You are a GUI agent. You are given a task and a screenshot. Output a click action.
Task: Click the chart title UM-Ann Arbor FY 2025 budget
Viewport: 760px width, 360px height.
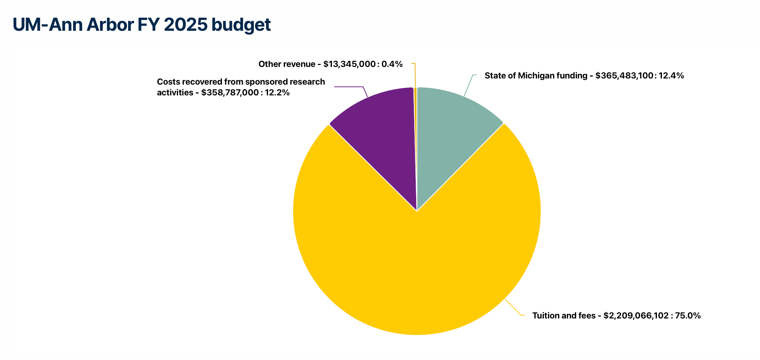click(142, 25)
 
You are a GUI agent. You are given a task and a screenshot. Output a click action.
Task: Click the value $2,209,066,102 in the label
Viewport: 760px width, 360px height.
click(636, 316)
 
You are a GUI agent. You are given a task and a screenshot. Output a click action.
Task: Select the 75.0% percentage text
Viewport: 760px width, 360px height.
click(688, 316)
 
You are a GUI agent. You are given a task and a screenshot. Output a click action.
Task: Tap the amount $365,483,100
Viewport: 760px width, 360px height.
click(624, 76)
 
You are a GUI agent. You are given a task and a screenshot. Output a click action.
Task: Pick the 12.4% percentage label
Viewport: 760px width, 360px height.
click(671, 76)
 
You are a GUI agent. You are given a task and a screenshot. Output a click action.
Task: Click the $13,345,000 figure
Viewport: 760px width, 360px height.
click(349, 64)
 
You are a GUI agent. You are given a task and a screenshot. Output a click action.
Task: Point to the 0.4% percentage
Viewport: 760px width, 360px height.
click(392, 64)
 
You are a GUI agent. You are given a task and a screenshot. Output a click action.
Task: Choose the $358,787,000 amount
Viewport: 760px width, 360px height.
click(230, 93)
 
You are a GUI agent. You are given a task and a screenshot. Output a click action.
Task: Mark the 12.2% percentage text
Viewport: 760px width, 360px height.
click(277, 93)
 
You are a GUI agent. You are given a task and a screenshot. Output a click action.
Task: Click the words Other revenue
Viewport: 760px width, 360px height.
click(287, 64)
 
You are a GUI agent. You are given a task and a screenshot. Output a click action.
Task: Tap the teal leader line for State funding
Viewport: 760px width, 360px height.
click(468, 85)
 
